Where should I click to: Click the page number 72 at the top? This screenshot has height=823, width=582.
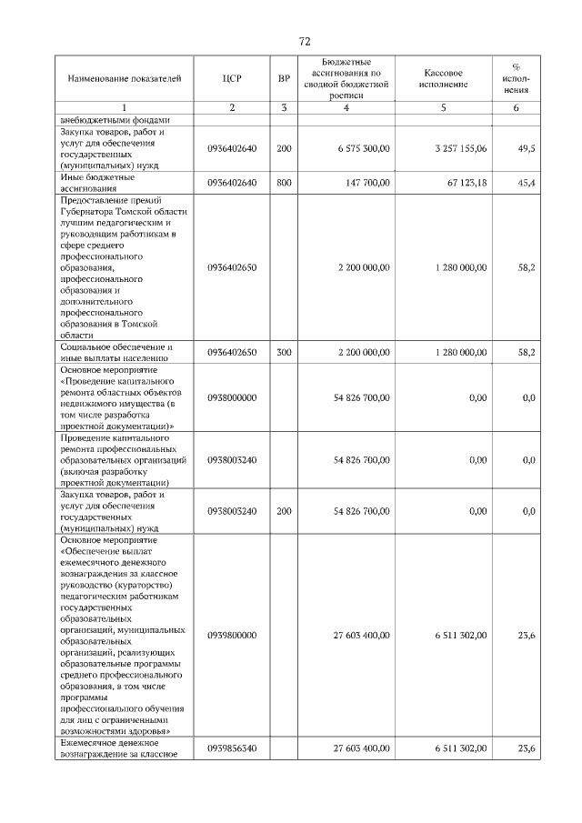(305, 42)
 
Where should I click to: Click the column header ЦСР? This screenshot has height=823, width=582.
(232, 79)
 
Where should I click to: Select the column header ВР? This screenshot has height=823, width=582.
(284, 79)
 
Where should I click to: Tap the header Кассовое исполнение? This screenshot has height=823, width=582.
(444, 78)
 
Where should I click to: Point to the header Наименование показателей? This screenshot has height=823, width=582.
(118, 79)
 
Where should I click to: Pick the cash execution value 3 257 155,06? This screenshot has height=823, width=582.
(456, 147)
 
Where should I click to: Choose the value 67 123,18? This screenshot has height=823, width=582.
(463, 182)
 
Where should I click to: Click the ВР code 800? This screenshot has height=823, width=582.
(284, 182)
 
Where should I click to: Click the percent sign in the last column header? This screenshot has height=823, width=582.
(517, 67)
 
